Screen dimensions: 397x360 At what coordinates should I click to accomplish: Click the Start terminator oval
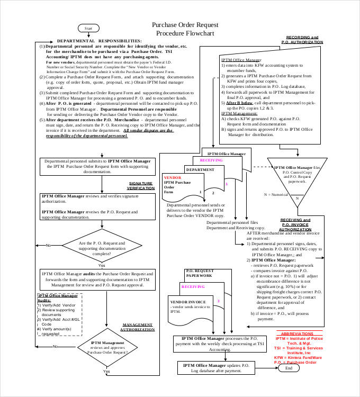88,28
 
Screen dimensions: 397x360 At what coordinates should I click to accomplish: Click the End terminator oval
289,368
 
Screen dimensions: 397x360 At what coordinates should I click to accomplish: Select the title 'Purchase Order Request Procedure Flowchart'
183,29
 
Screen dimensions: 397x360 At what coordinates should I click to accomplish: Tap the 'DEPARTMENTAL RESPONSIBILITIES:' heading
99,41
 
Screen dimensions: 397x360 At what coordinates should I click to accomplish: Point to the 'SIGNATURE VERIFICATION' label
140,185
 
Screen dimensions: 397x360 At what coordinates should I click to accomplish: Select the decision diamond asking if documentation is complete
102,246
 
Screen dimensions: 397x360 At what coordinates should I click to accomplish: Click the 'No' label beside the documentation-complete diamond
48,246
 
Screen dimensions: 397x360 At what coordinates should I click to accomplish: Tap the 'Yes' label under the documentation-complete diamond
102,265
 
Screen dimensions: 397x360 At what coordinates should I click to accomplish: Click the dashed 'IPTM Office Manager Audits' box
59,314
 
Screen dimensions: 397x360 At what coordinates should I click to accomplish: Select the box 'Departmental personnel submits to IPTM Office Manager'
97,166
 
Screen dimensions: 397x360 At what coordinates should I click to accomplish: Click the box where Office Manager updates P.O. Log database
215,368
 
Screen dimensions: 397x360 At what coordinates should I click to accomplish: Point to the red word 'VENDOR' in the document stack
173,177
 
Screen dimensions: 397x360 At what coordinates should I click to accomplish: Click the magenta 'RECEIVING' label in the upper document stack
211,160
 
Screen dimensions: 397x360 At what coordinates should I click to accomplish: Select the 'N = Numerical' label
276,194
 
